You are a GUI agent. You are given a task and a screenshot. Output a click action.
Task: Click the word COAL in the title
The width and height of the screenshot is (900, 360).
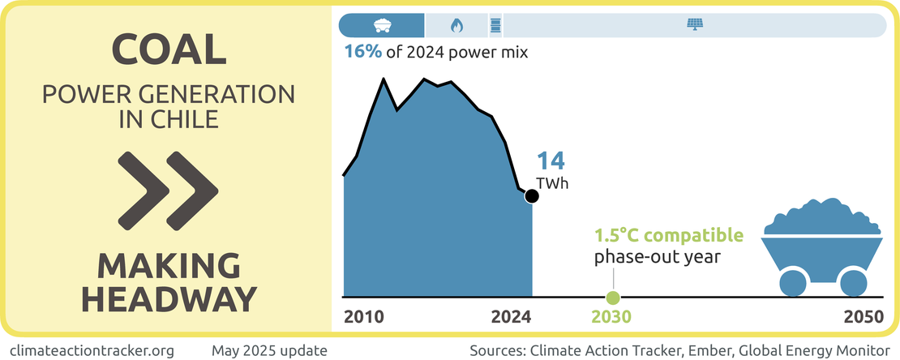coord(169,51)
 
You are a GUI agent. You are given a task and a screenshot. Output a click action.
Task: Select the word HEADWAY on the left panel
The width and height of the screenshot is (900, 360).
coord(169,298)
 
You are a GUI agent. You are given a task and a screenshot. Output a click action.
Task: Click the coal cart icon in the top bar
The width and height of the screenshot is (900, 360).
coord(380,25)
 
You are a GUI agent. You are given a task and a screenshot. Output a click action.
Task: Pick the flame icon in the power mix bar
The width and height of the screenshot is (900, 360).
coord(456,25)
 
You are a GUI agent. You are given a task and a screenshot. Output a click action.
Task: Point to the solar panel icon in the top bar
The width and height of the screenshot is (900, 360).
coord(695,25)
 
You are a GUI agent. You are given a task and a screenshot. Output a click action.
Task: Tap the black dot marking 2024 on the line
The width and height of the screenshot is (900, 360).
coord(532,195)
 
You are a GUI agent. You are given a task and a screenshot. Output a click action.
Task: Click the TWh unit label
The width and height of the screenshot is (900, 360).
coord(553,183)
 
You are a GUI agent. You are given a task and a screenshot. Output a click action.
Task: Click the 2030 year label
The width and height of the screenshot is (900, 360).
coord(613,317)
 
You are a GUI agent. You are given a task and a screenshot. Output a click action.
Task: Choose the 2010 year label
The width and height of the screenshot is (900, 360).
coord(364,317)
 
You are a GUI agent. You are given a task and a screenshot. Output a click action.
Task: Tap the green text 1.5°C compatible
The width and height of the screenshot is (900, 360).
coord(668,236)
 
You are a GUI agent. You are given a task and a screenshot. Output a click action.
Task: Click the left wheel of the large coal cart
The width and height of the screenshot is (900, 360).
coord(794,282)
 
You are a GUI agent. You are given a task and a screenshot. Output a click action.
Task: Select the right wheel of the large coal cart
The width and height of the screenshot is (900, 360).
coord(852,282)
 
